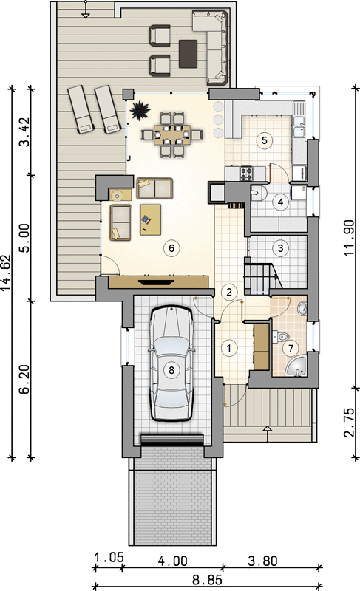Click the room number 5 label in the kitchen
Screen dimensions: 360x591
[x=264, y=140]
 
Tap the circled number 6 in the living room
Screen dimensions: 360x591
[x=171, y=248]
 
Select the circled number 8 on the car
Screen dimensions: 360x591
[x=171, y=370]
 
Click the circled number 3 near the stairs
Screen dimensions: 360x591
[x=280, y=248]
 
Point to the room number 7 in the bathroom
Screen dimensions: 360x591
[x=291, y=348]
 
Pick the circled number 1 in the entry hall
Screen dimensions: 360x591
[x=229, y=348]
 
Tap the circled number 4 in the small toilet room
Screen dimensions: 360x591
[x=280, y=202]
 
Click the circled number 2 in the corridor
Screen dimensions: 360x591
[x=229, y=292]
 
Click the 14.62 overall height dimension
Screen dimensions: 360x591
[x=7, y=273]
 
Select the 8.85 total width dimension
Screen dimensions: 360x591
[x=207, y=579]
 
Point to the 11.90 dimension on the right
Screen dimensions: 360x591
[x=349, y=238]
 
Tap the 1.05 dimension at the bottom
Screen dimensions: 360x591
[x=109, y=557]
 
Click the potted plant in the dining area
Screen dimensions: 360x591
[x=140, y=110]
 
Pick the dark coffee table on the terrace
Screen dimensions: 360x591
[x=188, y=53]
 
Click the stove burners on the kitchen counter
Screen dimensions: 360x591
[x=247, y=174]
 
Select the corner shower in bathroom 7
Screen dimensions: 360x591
[x=296, y=365]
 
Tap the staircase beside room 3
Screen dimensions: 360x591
[x=262, y=279]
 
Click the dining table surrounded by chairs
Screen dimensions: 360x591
[x=172, y=134]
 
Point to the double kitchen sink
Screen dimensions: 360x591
[x=299, y=126]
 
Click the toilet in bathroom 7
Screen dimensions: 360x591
[x=280, y=336]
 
